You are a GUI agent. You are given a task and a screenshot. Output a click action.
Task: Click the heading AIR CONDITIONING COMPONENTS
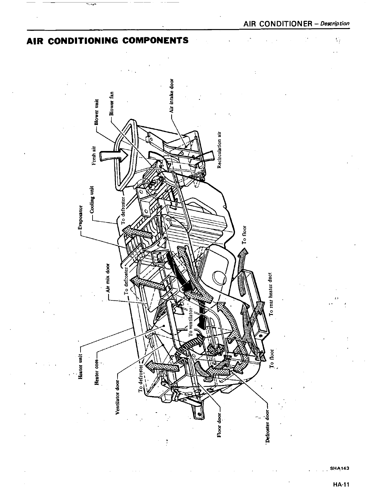tap(108, 41)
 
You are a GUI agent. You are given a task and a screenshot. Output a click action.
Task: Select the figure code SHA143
tap(339, 468)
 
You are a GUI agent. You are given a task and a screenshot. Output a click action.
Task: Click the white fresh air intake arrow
tap(114, 156)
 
